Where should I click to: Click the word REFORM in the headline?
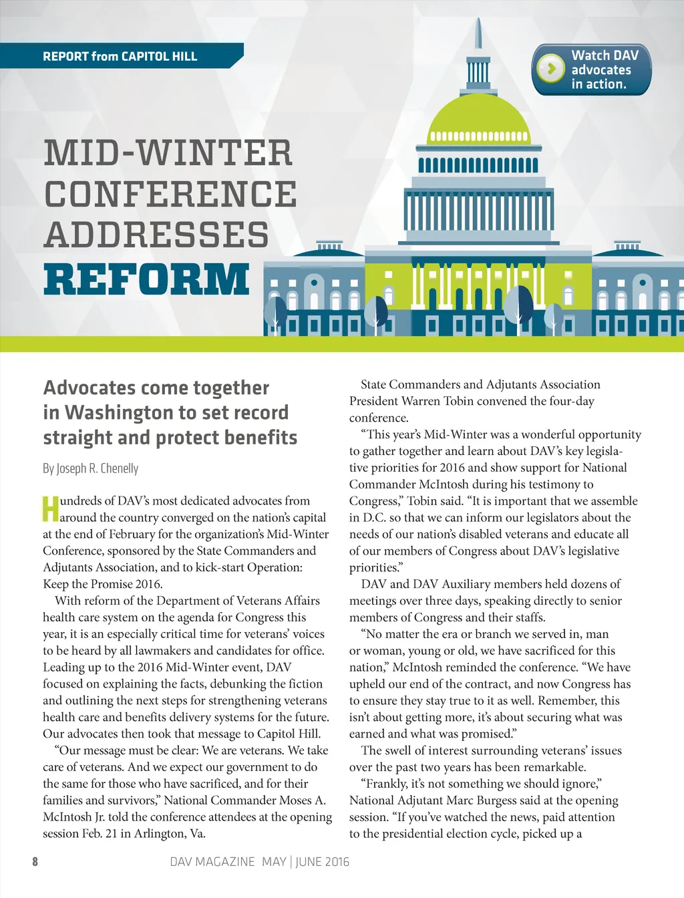(146, 279)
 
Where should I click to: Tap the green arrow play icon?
(551, 69)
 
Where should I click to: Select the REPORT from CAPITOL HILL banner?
(120, 56)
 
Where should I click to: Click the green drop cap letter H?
(50, 508)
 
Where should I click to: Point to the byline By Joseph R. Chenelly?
(91, 468)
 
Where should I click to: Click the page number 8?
(35, 861)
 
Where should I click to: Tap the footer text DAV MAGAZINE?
(212, 862)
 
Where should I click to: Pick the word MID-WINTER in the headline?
(168, 153)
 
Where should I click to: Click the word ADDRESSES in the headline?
(156, 235)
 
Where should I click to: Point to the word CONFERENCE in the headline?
(170, 194)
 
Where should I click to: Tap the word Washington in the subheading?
(112, 413)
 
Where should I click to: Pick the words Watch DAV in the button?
(605, 55)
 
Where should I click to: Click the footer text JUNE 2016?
(323, 862)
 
